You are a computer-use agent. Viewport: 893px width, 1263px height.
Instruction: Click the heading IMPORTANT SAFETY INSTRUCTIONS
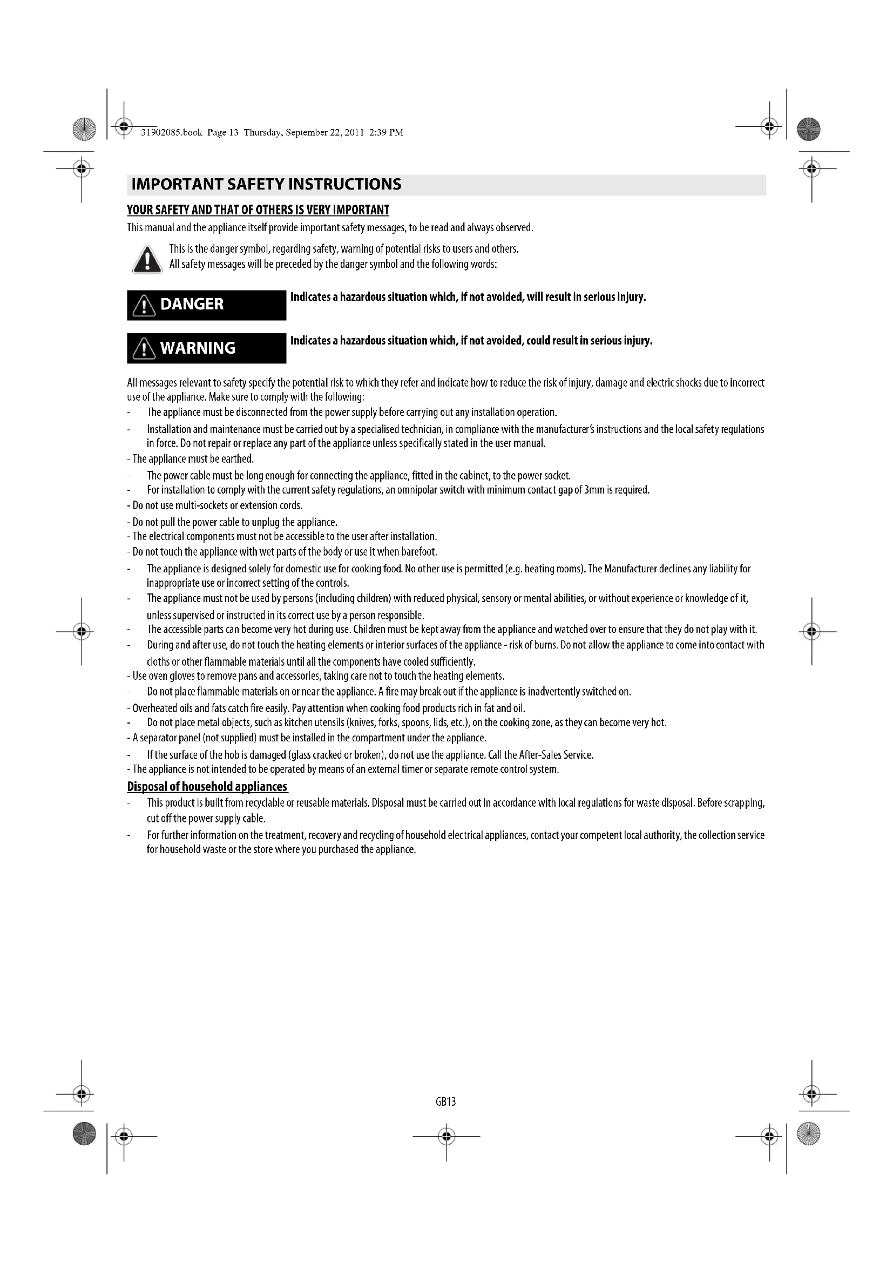266,184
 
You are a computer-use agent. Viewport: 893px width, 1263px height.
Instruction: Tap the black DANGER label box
206,305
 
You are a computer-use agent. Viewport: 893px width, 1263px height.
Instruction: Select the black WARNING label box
206,348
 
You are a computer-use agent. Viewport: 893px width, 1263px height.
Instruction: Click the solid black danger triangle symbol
147,259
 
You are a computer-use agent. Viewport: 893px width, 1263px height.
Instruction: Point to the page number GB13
446,1101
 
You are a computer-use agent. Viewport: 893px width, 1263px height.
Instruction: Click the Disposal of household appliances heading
207,787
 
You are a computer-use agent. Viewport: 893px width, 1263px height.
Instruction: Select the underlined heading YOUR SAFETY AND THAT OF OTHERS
258,210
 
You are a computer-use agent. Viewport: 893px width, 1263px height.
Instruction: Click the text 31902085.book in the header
172,133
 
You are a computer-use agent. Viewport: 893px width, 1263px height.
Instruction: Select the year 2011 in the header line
355,133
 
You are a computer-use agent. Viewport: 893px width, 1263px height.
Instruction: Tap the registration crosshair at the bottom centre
446,1136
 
